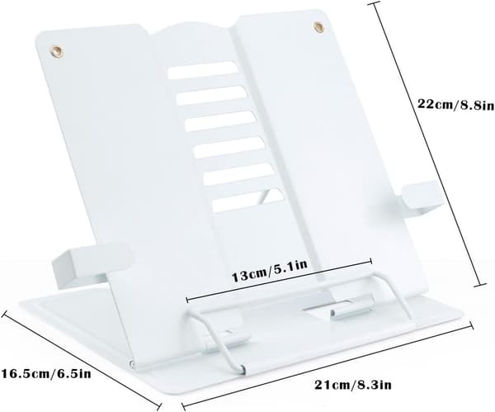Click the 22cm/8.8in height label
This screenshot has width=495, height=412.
(x=456, y=104)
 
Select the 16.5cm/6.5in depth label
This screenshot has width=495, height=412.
(x=46, y=373)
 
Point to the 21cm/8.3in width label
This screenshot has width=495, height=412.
(x=352, y=385)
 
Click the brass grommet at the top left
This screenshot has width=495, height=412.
(x=58, y=51)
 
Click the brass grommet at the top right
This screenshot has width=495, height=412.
(x=318, y=27)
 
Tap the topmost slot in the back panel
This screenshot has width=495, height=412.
(x=203, y=70)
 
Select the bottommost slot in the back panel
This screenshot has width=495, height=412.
(x=247, y=200)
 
